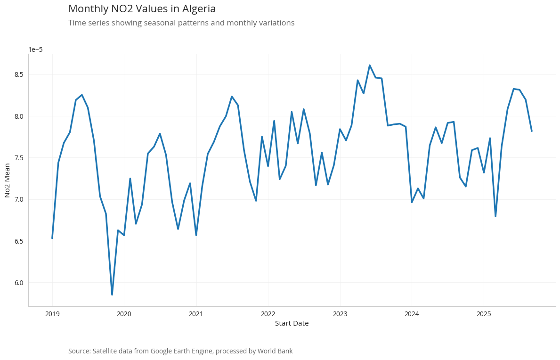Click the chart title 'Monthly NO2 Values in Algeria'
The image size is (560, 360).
point(142,9)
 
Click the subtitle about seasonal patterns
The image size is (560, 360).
point(181,23)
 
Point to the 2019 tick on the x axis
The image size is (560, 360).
point(52,314)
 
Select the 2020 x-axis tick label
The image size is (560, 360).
point(124,314)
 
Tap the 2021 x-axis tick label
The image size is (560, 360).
point(196,314)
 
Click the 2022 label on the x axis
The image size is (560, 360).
point(268,314)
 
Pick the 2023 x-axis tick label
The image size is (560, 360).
point(340,314)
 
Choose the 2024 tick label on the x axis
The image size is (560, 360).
point(412,314)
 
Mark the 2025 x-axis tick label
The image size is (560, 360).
point(484,314)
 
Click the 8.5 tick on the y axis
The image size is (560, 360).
point(19,74)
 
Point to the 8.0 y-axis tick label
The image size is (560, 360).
point(19,116)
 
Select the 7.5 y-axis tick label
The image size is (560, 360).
point(19,157)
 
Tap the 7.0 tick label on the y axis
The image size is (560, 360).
point(19,199)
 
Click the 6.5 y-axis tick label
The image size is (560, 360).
point(19,241)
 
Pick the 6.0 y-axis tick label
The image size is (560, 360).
point(19,283)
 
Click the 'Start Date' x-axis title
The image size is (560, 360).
point(292,323)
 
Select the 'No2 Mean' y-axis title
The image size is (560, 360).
point(8,180)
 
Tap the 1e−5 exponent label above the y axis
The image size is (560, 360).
point(35,49)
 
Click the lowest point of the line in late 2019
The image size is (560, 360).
point(112,295)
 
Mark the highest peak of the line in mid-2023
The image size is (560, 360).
point(370,65)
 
